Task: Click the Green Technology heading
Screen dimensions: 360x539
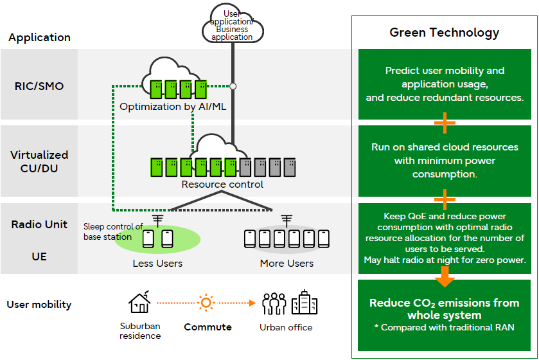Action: coord(444,33)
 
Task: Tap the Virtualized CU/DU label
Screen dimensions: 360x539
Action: coord(39,161)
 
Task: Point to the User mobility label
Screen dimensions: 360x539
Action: coord(39,304)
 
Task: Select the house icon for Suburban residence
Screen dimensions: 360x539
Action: coord(139,303)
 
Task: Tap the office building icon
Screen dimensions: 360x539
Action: coord(304,303)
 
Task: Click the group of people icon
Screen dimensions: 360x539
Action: coord(274,303)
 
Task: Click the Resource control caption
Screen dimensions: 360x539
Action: coord(222,184)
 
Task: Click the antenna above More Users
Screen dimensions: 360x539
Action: coord(287,221)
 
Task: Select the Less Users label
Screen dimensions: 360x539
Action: coord(157,263)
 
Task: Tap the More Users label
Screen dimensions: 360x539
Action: coord(287,263)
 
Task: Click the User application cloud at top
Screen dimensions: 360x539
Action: coord(233,26)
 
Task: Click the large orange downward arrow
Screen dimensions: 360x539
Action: coord(445,276)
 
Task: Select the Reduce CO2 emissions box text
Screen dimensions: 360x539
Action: coord(444,309)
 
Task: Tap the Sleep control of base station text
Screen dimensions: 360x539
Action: coord(113,231)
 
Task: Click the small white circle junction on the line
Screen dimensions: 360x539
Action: coord(233,85)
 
